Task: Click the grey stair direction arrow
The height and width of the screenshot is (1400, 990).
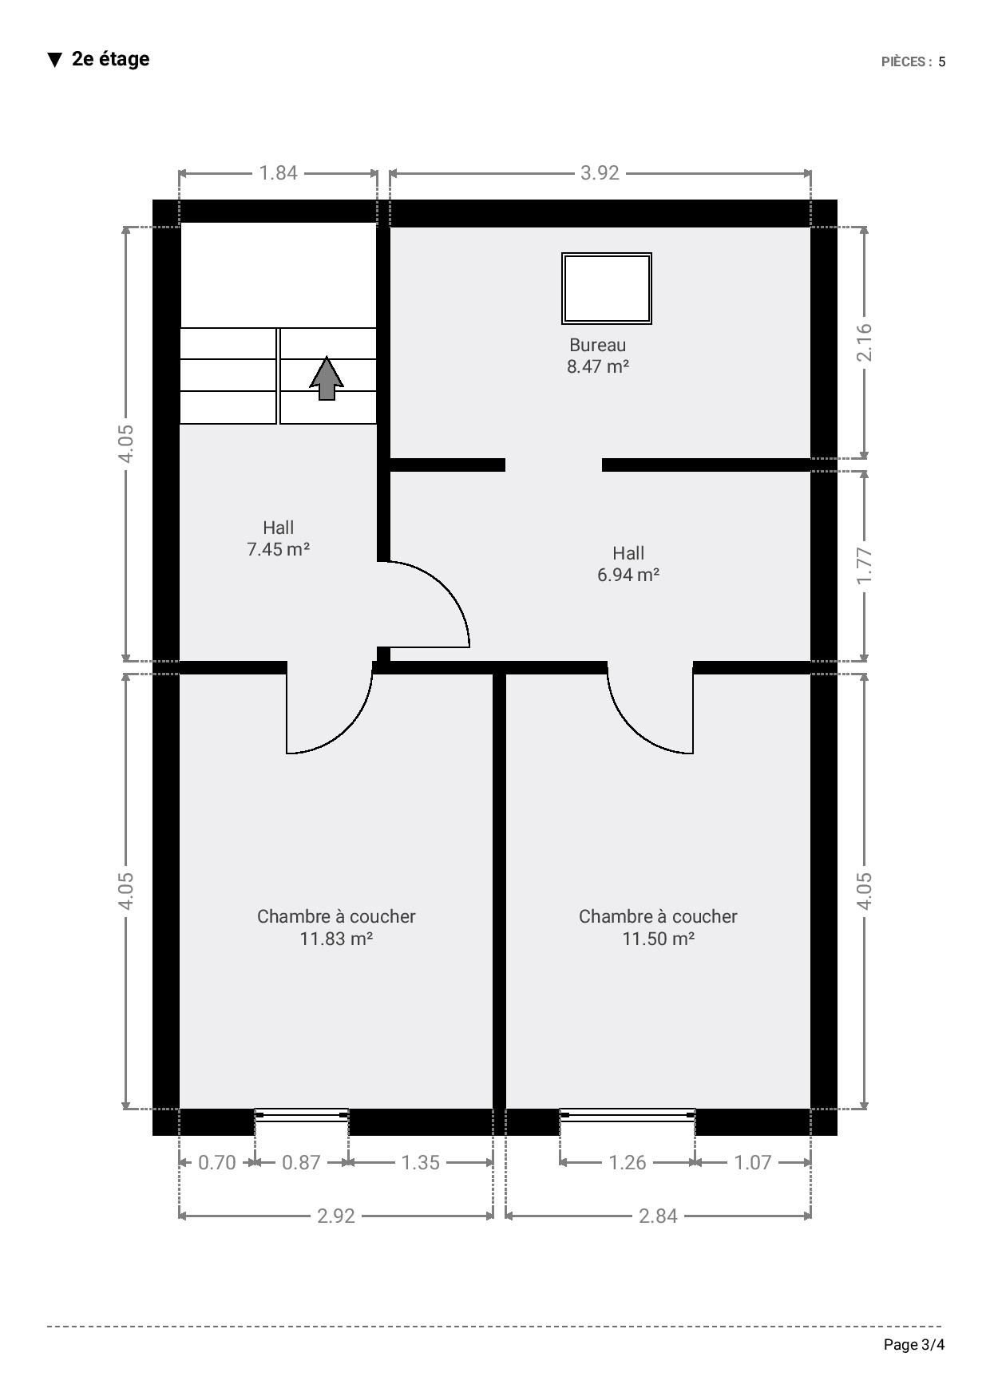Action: [327, 378]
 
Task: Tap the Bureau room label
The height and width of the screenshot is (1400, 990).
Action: [597, 345]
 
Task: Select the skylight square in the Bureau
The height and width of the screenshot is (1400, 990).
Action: [607, 288]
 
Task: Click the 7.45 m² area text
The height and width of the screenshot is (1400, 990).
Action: [278, 549]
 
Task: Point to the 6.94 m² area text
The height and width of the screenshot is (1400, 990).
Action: [628, 575]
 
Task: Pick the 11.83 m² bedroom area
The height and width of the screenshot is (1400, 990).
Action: [336, 939]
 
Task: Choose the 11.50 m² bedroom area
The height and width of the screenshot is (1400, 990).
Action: [658, 939]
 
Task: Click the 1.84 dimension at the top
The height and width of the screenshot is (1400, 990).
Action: [278, 172]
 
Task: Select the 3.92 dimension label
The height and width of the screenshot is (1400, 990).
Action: [600, 172]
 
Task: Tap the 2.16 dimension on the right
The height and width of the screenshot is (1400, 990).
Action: [865, 342]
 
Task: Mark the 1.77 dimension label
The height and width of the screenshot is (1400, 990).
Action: [865, 566]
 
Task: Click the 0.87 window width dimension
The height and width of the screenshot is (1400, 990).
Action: [301, 1162]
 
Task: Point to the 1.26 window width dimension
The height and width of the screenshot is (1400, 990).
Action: [628, 1162]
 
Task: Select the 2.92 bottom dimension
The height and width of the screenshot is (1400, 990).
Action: [336, 1216]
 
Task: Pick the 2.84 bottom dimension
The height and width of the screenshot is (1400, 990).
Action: [658, 1216]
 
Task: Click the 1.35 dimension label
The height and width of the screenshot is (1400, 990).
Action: [421, 1162]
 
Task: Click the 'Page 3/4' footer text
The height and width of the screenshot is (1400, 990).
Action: [914, 1345]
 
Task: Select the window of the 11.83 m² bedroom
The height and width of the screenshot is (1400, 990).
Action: [302, 1114]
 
